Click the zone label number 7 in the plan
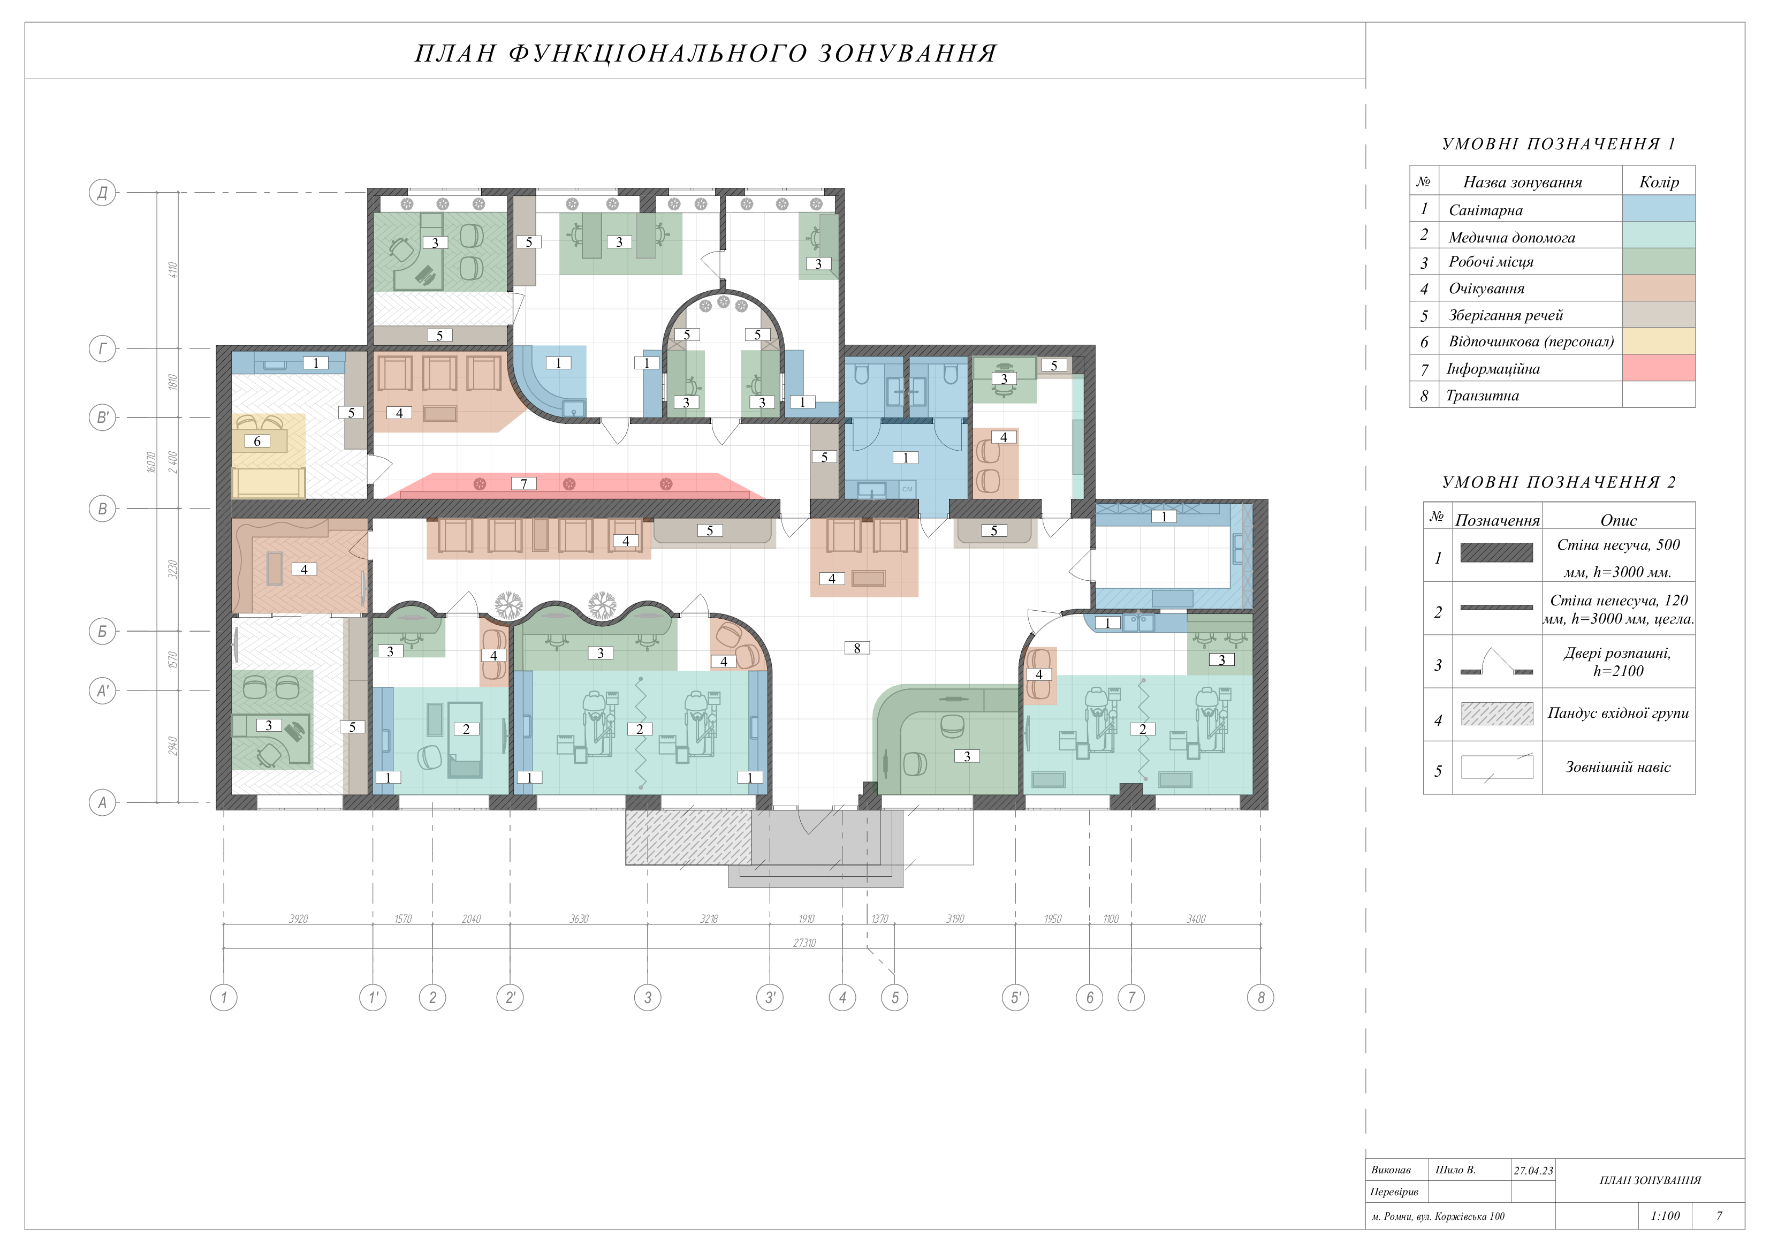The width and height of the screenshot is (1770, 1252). click(523, 483)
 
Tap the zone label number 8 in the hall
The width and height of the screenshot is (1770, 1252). click(856, 648)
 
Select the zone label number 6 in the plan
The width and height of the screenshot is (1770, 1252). click(257, 441)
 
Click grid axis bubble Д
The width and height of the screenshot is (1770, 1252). click(103, 192)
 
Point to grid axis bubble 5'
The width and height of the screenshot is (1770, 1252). click(1015, 998)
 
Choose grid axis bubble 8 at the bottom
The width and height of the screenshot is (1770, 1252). click(1260, 998)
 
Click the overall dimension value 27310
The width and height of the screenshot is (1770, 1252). click(804, 943)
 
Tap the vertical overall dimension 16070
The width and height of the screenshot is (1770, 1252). click(152, 462)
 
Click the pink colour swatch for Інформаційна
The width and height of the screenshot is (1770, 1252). click(1659, 368)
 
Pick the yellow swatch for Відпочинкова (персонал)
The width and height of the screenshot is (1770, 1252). click(1659, 341)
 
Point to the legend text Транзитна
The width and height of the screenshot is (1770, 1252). click(1483, 396)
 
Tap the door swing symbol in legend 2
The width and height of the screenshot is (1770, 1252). click(1496, 662)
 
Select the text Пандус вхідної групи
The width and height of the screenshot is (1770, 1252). click(1618, 713)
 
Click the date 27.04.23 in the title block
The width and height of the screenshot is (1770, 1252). click(1533, 1170)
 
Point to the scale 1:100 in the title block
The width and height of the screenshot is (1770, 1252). click(1665, 1216)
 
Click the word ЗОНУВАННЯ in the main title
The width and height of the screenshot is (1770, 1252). click(907, 53)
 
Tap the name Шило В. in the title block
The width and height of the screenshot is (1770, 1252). click(1455, 1170)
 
